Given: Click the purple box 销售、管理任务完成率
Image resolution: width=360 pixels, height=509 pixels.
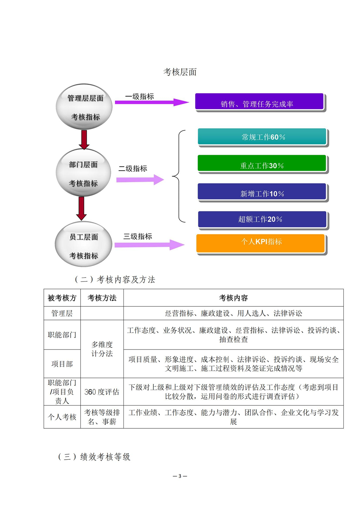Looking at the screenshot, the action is click(259, 102).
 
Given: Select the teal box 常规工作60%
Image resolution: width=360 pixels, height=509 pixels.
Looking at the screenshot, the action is click(262, 136).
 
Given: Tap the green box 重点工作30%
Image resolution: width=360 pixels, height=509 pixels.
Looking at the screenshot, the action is click(262, 163).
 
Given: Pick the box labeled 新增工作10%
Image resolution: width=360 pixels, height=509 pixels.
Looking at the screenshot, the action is click(262, 192).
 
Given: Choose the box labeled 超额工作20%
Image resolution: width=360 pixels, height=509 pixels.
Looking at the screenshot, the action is click(262, 219).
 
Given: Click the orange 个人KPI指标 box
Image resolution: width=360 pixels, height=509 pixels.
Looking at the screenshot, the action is click(260, 243).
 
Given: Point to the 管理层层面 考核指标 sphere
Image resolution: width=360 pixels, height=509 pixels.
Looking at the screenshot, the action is click(84, 107).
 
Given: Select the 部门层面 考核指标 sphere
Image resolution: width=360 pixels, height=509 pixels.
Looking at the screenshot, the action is click(83, 172).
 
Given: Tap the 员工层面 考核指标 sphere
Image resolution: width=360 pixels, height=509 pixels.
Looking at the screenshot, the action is click(84, 244).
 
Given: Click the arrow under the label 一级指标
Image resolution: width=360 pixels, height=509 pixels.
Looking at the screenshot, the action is click(152, 102).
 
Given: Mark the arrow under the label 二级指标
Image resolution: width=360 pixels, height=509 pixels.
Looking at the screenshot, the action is click(140, 180).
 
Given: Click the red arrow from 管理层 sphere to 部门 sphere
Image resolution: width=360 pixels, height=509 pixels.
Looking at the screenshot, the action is click(84, 140).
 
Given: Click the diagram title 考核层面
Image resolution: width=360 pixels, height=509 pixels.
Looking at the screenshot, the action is click(180, 72).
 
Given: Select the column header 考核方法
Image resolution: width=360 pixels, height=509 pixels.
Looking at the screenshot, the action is click(102, 298).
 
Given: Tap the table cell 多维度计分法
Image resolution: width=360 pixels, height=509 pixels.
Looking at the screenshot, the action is click(102, 349).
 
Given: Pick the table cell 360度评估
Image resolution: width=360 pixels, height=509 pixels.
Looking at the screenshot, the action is click(102, 392).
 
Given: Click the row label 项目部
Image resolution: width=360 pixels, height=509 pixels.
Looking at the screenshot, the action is click(62, 364).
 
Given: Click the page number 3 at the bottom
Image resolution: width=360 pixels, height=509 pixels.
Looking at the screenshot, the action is click(180, 476).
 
